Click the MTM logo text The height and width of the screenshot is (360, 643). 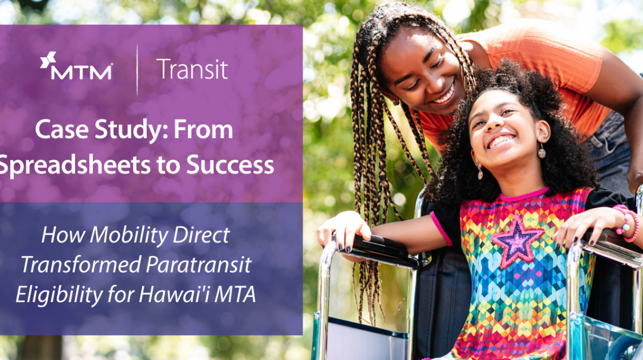pos(81,72)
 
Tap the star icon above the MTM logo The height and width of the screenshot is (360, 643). pos(48,60)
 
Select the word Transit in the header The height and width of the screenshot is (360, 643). pos(192,70)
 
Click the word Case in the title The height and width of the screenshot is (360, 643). pos(58,130)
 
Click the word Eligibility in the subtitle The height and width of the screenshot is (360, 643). pos(57,295)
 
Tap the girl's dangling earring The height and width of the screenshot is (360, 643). pos(541,152)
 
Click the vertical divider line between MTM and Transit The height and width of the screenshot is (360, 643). pos(137,70)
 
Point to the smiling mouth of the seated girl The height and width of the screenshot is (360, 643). pos(501,142)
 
